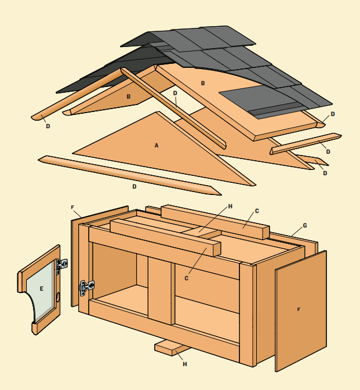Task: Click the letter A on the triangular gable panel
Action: pyautogui.click(x=157, y=146)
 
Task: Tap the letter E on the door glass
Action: pyautogui.click(x=42, y=289)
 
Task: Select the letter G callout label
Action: pyautogui.click(x=305, y=226)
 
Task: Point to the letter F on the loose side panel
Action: pyautogui.click(x=299, y=309)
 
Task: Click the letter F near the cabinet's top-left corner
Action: pyautogui.click(x=72, y=207)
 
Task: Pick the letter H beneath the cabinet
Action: pyautogui.click(x=185, y=364)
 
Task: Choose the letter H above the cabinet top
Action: pyautogui.click(x=230, y=206)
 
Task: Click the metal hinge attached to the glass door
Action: pyautogui.click(x=62, y=265)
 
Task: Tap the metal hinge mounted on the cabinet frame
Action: pyautogui.click(x=87, y=287)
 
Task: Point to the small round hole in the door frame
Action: pyautogui.click(x=58, y=297)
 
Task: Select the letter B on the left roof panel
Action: pyautogui.click(x=129, y=96)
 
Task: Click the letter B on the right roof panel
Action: pyautogui.click(x=203, y=84)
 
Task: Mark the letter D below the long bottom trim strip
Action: pyautogui.click(x=134, y=186)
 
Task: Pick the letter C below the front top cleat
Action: pyautogui.click(x=187, y=279)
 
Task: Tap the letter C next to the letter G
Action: pyautogui.click(x=257, y=211)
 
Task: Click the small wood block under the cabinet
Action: pyautogui.click(x=172, y=348)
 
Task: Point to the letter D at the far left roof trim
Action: pyautogui.click(x=48, y=127)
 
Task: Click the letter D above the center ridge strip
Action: pyautogui.click(x=175, y=93)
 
